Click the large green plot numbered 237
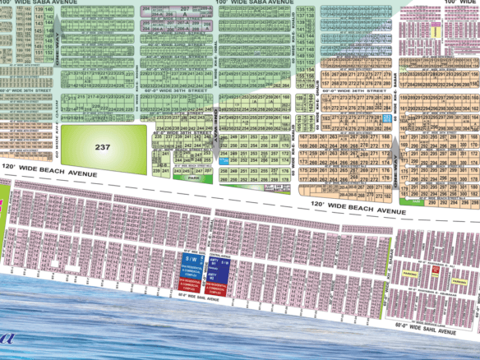(x=103, y=146)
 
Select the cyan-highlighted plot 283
(x=386, y=118)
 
